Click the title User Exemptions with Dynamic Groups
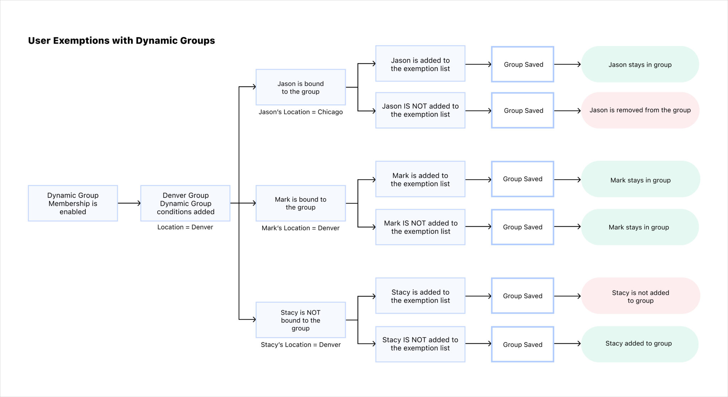tap(121, 41)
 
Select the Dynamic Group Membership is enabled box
tap(73, 203)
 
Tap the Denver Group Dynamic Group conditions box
tap(185, 203)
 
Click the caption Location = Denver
tap(185, 227)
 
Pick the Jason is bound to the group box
tap(300, 87)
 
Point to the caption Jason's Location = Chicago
tap(300, 112)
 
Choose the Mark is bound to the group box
tap(300, 203)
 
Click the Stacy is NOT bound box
tap(300, 320)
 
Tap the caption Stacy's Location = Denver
tap(300, 344)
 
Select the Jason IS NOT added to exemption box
tap(420, 110)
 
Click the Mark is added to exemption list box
tap(420, 179)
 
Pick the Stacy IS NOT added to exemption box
tap(420, 344)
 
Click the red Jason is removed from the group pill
tap(640, 110)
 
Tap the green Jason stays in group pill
tap(640, 64)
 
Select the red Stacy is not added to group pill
tap(640, 296)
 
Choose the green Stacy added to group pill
tap(639, 343)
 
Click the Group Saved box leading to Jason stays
tap(523, 64)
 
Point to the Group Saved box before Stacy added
tap(523, 344)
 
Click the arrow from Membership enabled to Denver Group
tap(129, 203)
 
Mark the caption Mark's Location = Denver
tap(300, 228)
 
